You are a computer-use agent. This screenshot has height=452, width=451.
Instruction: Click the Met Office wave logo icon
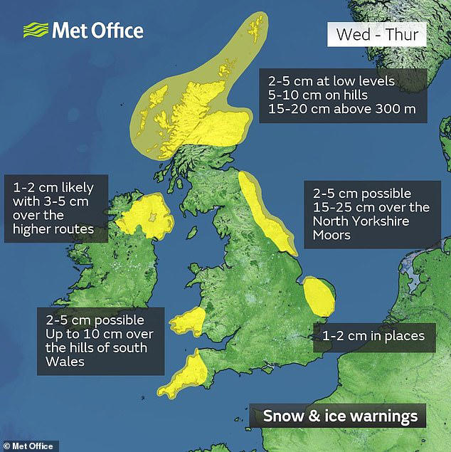click(x=36, y=30)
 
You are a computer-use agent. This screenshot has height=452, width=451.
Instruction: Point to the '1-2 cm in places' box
click(x=373, y=335)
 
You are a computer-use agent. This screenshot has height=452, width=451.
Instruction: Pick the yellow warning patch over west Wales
click(x=186, y=322)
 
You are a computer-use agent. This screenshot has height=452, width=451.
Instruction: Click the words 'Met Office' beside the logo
click(x=97, y=31)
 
